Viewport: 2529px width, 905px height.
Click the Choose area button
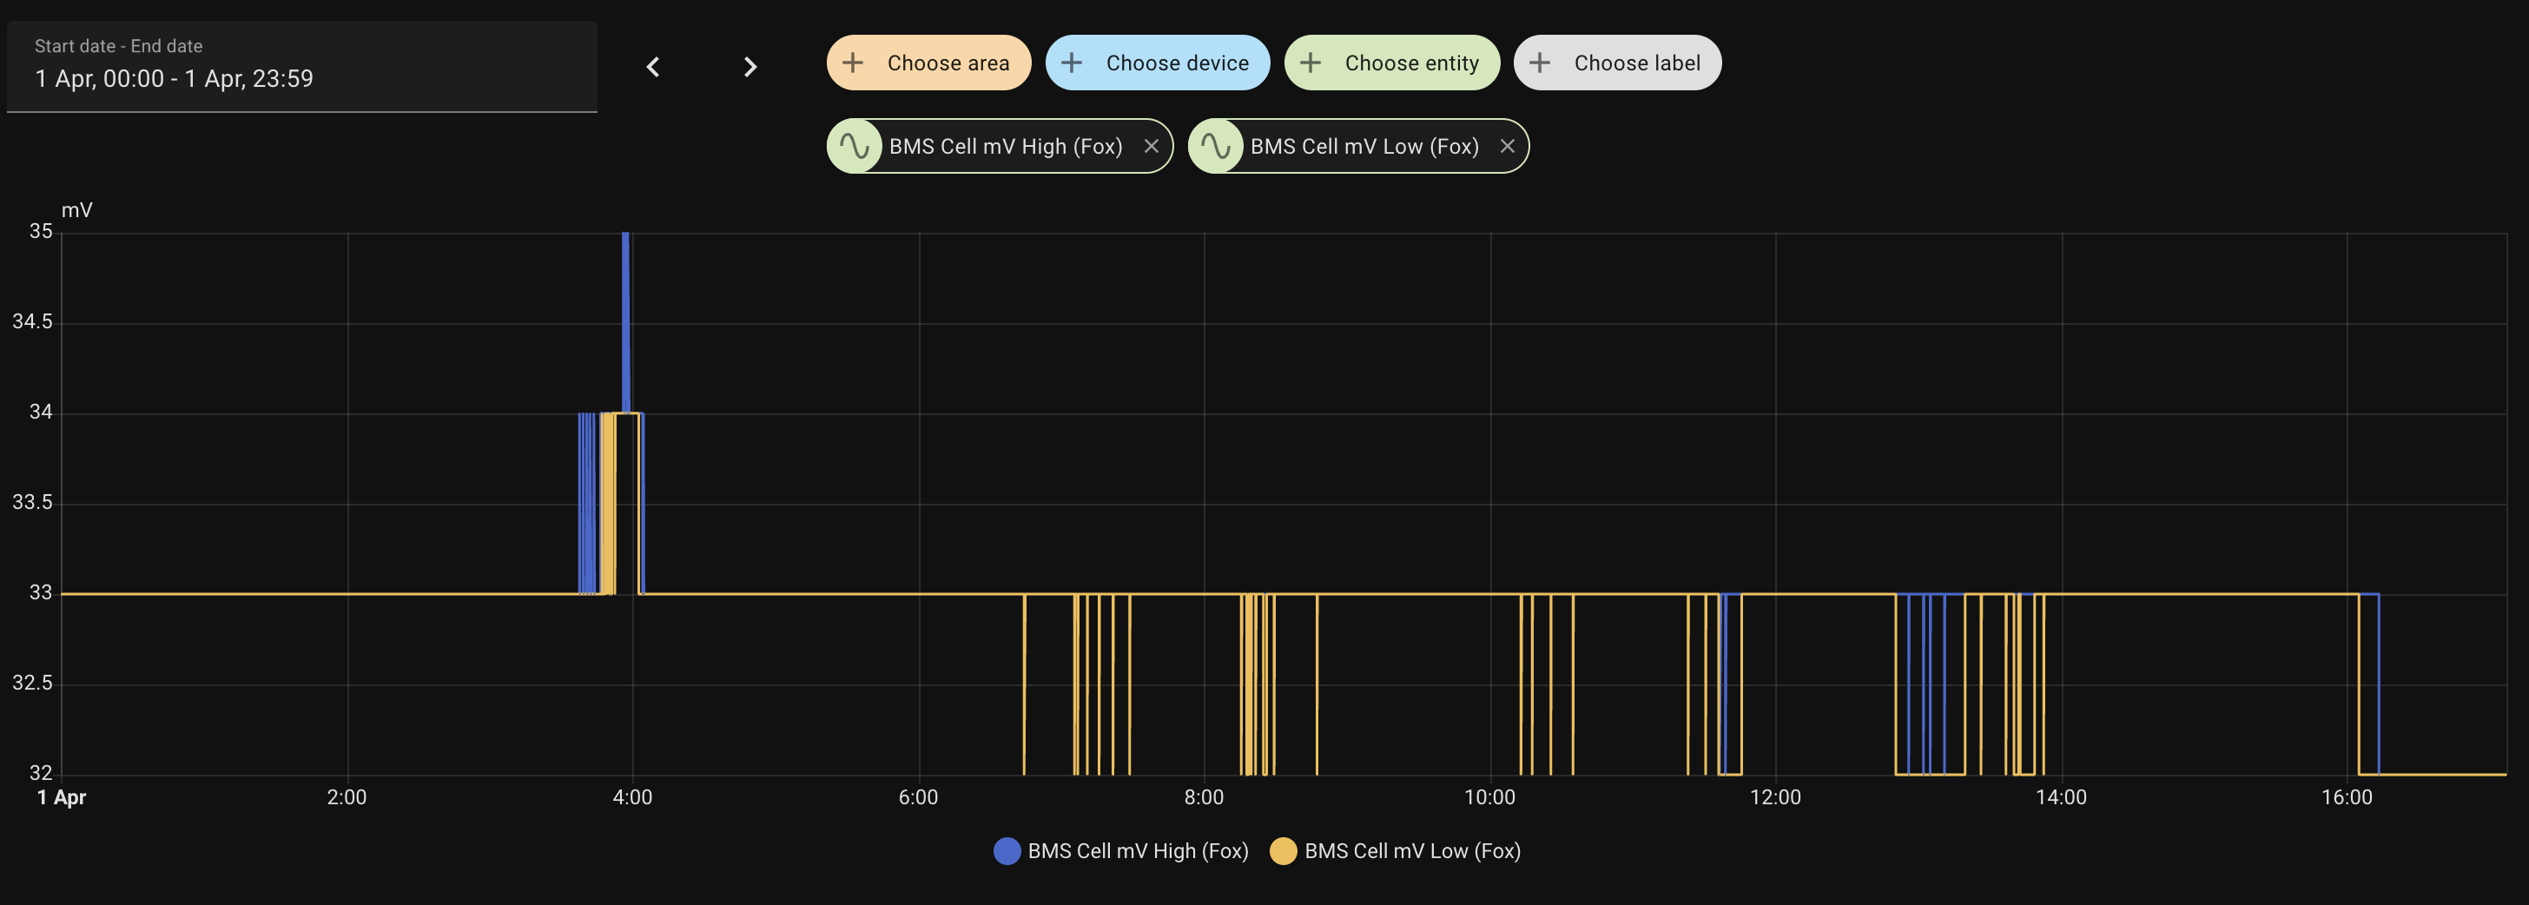928,63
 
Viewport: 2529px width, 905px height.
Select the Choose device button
1157,63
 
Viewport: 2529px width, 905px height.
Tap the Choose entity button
1391,63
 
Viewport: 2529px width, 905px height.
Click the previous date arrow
653,67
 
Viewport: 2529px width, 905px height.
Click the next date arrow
750,67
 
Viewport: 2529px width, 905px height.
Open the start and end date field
301,67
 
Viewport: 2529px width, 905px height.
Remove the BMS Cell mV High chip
1151,146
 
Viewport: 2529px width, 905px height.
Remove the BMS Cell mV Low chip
1507,146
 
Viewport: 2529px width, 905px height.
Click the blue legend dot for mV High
1007,851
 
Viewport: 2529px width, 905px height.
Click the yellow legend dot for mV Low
1283,851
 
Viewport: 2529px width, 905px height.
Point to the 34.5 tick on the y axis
32,322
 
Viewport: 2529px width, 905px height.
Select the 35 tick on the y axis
40,232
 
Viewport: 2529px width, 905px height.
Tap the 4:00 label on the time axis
632,797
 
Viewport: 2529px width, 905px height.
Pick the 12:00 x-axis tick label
1775,797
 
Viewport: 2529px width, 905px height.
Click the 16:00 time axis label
2347,797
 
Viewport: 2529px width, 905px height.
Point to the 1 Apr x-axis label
62,797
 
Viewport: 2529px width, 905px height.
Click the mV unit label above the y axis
76,210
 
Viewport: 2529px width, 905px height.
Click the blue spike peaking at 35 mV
625,294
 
